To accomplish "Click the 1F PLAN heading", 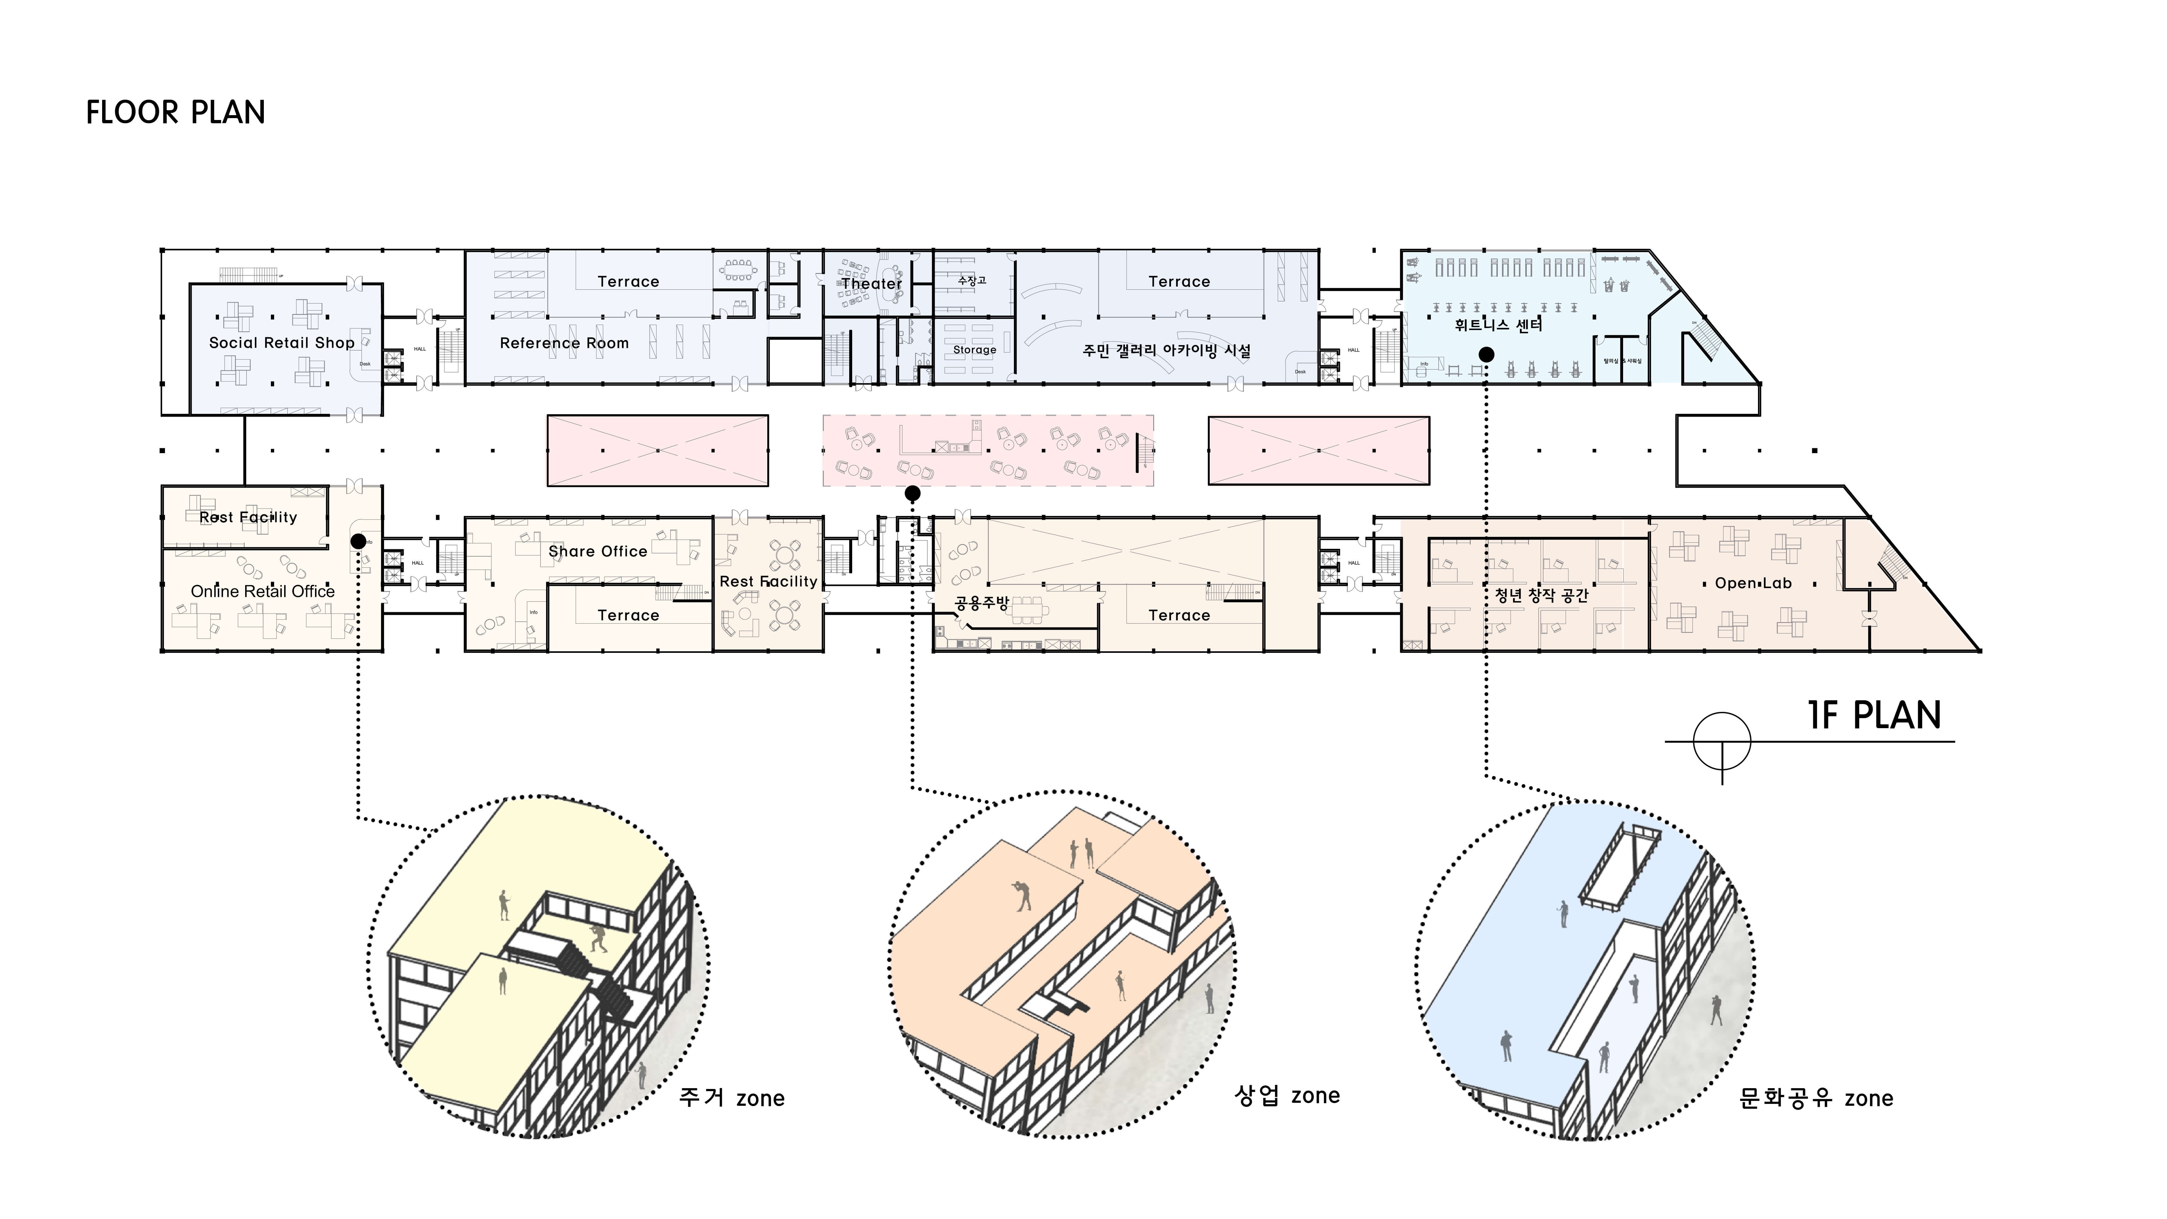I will click(x=1874, y=716).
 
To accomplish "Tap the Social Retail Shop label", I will click(x=282, y=342).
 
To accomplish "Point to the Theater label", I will click(x=871, y=284).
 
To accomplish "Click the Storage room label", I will click(x=974, y=349).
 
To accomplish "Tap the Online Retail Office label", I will click(x=262, y=591).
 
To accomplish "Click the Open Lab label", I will click(x=1753, y=583).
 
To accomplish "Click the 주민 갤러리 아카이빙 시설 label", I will click(x=1166, y=350).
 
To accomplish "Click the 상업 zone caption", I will click(x=1286, y=1095).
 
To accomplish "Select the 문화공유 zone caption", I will click(x=1815, y=1098).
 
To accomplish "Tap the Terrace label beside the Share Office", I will click(x=628, y=615).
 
